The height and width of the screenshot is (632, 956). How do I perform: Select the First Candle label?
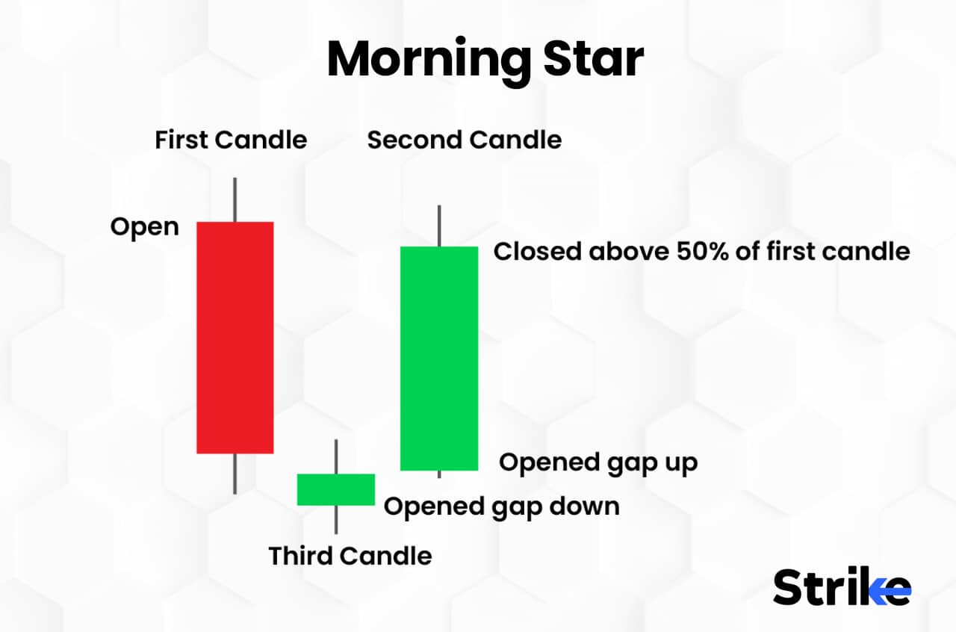click(x=231, y=140)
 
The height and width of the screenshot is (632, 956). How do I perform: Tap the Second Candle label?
click(x=465, y=140)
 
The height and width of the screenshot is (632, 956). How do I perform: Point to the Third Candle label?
click(x=350, y=556)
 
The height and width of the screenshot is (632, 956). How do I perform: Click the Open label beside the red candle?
click(x=145, y=226)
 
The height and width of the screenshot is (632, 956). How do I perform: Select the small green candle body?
click(x=336, y=489)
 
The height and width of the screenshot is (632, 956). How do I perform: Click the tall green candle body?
click(x=439, y=359)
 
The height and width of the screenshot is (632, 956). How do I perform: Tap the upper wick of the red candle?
click(x=235, y=199)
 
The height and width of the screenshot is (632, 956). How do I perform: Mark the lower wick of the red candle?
click(x=235, y=474)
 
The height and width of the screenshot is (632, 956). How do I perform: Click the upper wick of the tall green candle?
click(x=439, y=226)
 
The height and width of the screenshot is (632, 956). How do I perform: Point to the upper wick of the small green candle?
click(x=336, y=456)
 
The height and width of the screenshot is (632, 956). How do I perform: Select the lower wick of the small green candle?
click(x=336, y=520)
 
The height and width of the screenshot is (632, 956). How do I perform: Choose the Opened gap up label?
click(x=598, y=462)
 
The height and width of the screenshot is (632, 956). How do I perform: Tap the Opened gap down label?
click(x=502, y=506)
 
